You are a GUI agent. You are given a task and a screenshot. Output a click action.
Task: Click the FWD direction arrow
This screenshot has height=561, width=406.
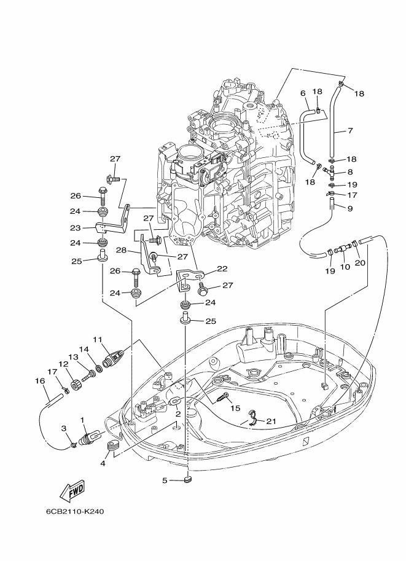pyautogui.click(x=72, y=490)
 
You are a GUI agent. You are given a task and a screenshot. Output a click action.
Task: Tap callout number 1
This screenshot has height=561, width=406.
pyautogui.click(x=82, y=420)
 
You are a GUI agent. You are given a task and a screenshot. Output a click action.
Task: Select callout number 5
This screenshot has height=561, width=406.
pyautogui.click(x=165, y=480)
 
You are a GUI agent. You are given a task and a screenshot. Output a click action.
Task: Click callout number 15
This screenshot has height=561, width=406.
pyautogui.click(x=235, y=409)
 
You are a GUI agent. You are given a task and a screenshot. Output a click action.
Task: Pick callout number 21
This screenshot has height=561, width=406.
pyautogui.click(x=272, y=420)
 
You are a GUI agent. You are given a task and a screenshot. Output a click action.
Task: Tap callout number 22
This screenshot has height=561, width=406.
pyautogui.click(x=222, y=269)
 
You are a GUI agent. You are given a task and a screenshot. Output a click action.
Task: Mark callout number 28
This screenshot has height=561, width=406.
pyautogui.click(x=122, y=251)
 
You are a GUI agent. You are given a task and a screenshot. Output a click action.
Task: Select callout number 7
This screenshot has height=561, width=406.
pyautogui.click(x=350, y=130)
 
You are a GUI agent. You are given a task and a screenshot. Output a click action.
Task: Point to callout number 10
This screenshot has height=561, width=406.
pyautogui.click(x=345, y=268)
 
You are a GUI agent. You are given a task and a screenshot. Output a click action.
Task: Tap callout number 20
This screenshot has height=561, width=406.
pyautogui.click(x=360, y=262)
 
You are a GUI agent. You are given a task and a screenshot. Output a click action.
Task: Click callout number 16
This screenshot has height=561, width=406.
pyautogui.click(x=41, y=381)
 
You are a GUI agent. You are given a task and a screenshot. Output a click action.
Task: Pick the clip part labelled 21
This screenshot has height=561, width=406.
pyautogui.click(x=250, y=418)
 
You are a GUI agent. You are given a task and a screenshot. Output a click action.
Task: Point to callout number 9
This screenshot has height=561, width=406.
pyautogui.click(x=350, y=208)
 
